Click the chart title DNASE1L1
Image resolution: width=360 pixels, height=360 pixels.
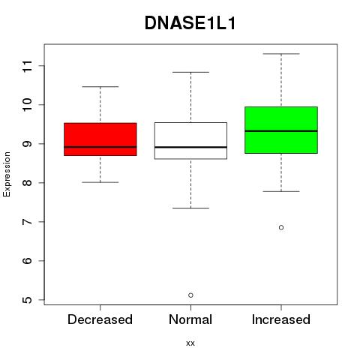click(x=190, y=23)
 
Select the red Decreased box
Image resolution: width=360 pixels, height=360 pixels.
click(x=100, y=139)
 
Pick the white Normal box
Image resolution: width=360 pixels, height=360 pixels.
click(x=190, y=141)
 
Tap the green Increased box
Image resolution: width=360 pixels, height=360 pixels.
click(x=281, y=130)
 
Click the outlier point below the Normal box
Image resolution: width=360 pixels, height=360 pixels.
click(x=190, y=295)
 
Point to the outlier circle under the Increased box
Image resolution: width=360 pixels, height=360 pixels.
click(x=281, y=227)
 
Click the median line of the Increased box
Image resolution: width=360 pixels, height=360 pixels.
click(x=281, y=131)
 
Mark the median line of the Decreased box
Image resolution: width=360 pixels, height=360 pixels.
click(x=100, y=147)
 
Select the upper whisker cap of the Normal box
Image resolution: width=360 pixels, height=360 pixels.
click(x=190, y=72)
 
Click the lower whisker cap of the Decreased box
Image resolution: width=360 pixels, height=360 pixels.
click(x=100, y=182)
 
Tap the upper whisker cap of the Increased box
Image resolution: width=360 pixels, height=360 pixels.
click(x=281, y=54)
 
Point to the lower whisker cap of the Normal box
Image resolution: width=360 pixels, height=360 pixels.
click(x=190, y=208)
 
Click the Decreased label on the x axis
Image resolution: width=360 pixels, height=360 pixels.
click(x=100, y=319)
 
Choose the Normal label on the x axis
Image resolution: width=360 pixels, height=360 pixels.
click(x=190, y=319)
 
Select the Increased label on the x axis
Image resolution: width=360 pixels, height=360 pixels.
click(x=281, y=319)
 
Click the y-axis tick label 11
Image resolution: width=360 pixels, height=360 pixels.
click(x=28, y=66)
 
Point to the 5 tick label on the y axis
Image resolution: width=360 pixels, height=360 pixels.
click(x=28, y=300)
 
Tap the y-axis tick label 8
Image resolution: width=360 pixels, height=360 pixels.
click(x=28, y=183)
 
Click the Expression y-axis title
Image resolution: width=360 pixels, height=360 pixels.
click(x=7, y=174)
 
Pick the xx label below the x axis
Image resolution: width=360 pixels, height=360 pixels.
click(x=190, y=343)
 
